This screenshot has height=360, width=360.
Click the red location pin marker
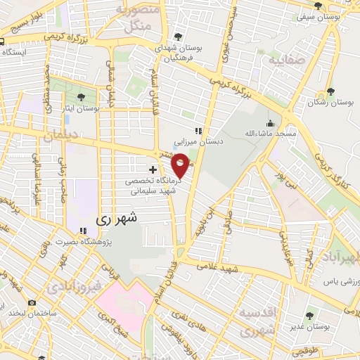pos(181,165)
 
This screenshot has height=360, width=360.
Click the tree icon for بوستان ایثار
pos(82,97)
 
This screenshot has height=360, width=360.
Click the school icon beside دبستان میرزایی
pos(199,130)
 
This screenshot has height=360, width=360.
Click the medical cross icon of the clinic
pos(153,170)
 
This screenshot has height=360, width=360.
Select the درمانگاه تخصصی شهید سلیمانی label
pos(148,185)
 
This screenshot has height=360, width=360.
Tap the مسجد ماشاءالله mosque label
pos(266,132)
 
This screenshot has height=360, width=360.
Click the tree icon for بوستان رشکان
pos(330,92)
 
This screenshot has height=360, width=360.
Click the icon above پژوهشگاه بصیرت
pos(83,230)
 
